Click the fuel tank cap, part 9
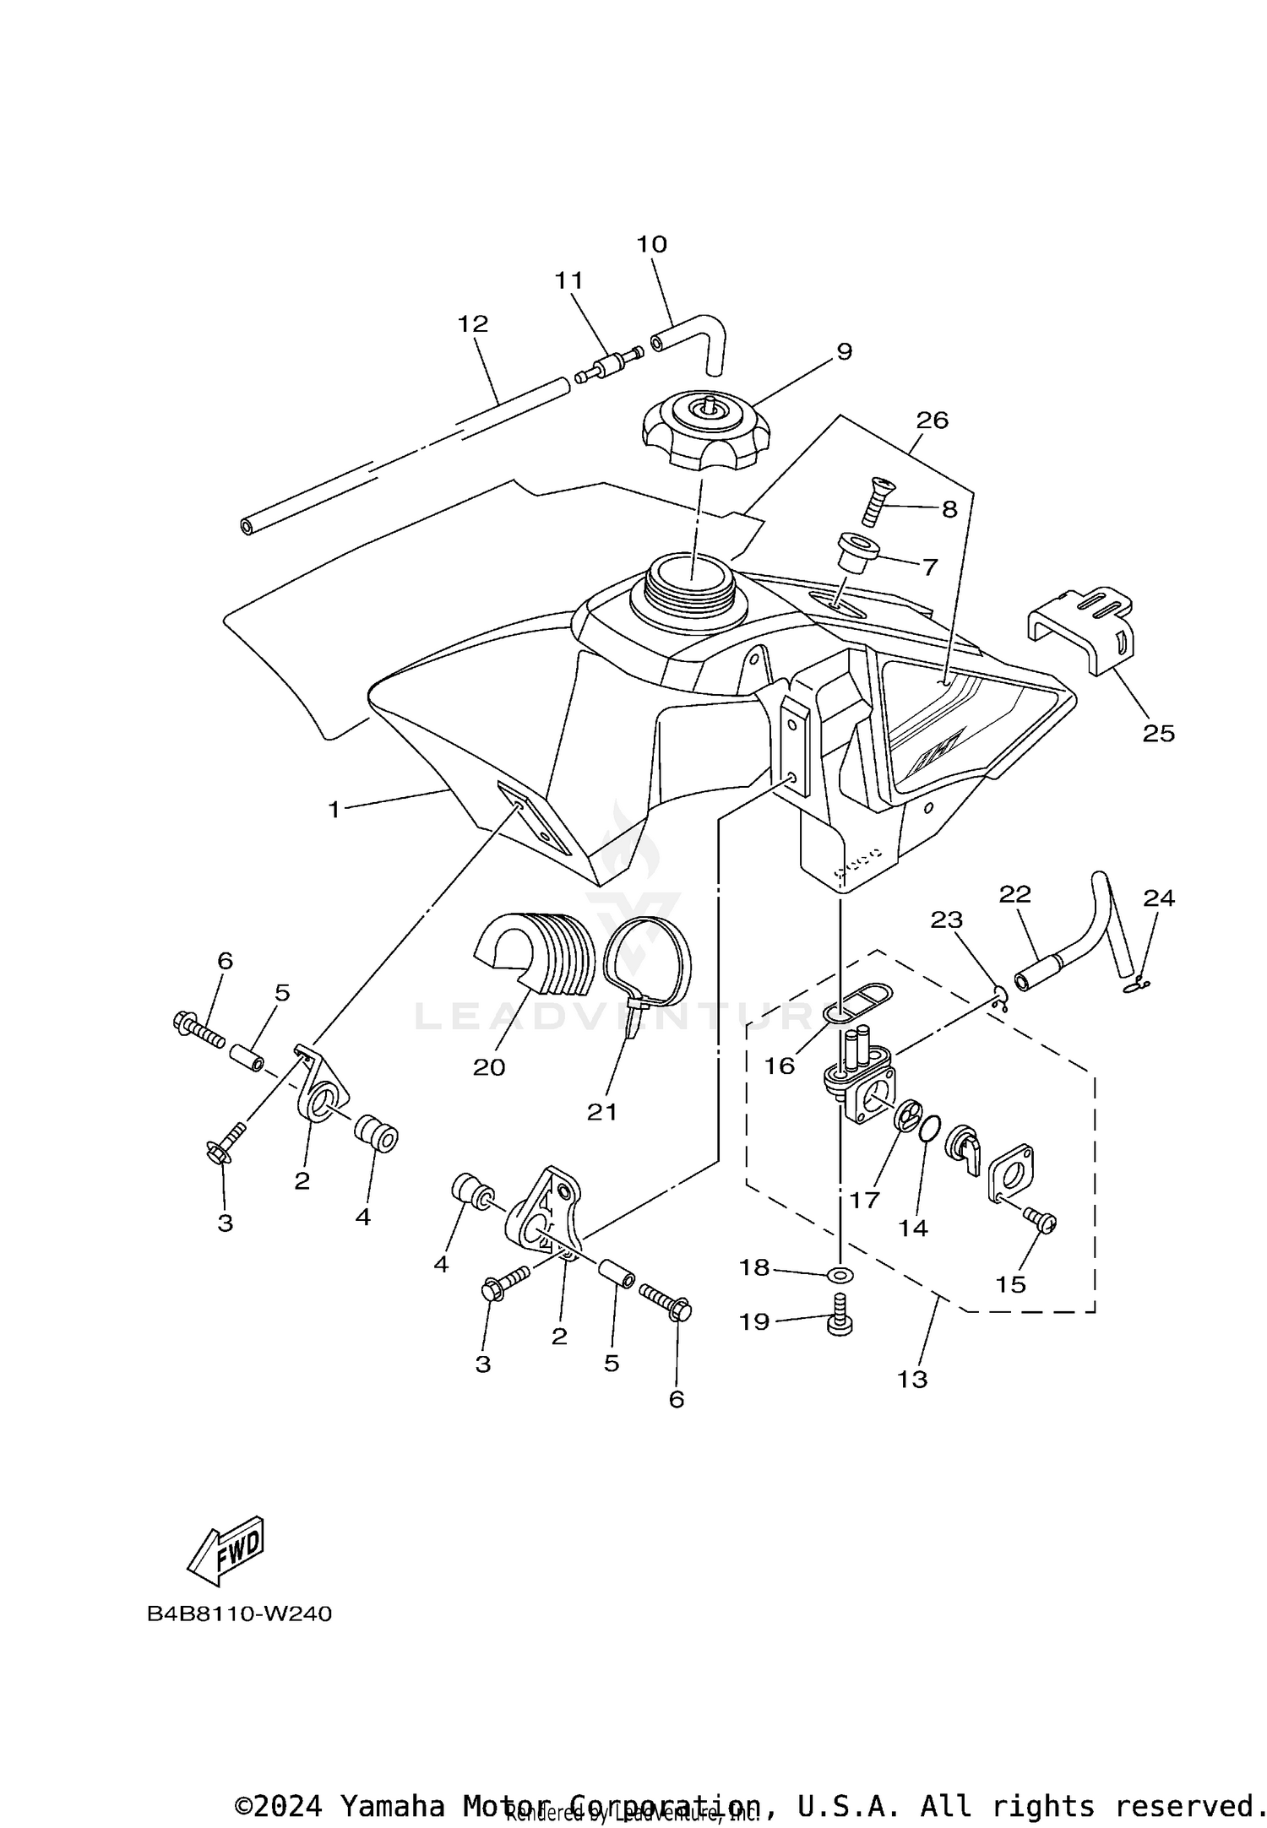point(706,431)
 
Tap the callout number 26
point(932,420)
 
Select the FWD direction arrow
point(226,1551)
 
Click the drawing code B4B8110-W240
point(239,1614)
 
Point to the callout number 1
point(334,810)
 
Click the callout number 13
point(912,1379)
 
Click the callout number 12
point(473,323)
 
